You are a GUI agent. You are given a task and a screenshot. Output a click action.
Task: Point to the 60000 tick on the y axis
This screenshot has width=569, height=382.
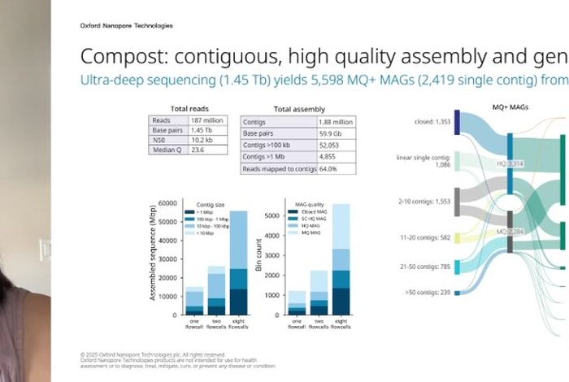[167, 203]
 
